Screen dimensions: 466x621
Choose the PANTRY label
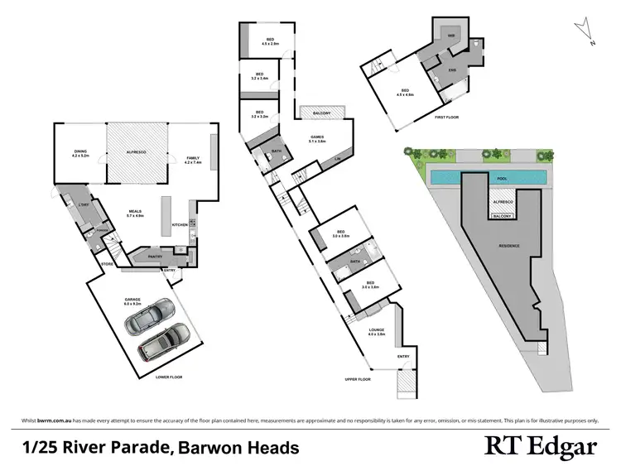[x=154, y=257]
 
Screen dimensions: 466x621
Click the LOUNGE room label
[x=377, y=332]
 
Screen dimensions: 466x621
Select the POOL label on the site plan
[x=502, y=178]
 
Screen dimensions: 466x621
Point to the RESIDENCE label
[x=509, y=246]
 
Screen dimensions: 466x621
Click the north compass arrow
[x=587, y=32]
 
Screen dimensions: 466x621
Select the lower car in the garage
[x=163, y=341]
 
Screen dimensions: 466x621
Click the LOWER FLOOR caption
[x=168, y=377]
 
